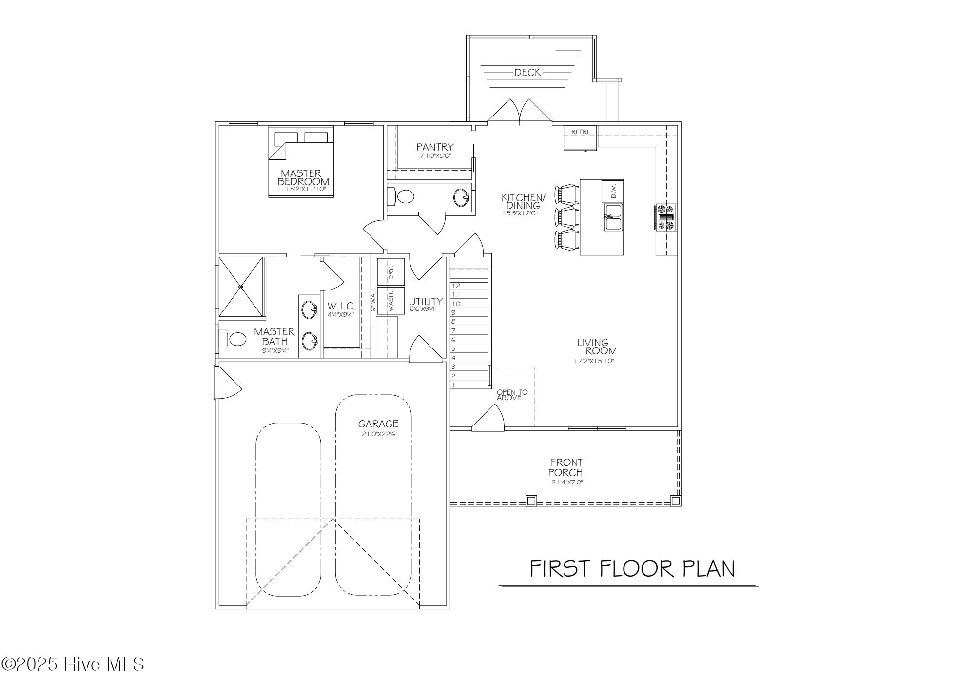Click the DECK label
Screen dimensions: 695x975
tap(527, 73)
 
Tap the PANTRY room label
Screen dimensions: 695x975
tap(435, 147)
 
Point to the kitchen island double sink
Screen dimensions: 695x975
tap(613, 217)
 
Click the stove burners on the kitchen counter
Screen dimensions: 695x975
tap(666, 216)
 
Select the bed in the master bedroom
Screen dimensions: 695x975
tap(301, 162)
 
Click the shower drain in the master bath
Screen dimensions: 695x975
tap(240, 287)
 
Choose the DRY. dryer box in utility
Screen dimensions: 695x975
tap(390, 271)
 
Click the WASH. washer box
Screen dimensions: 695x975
tap(390, 301)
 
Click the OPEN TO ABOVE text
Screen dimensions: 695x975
tap(511, 395)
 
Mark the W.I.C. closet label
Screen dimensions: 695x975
tap(341, 306)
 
